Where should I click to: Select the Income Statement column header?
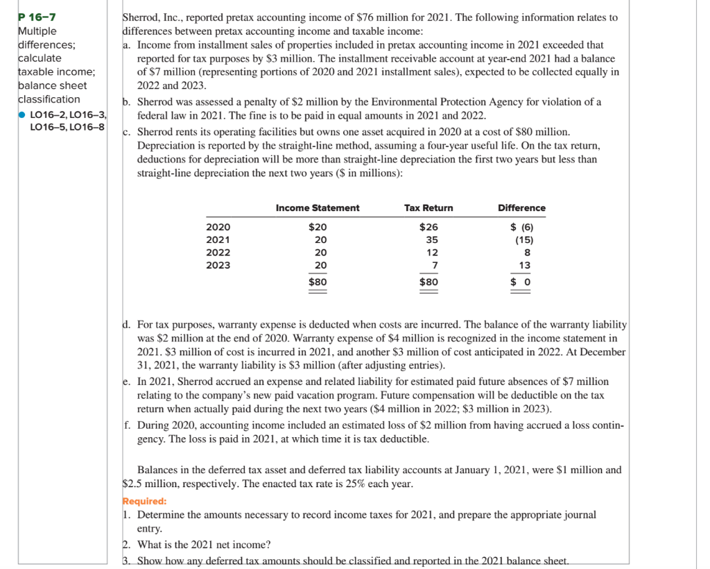click(x=318, y=208)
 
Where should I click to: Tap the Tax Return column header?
click(x=428, y=208)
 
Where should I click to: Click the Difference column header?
click(x=521, y=208)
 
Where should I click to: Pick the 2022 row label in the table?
click(x=218, y=253)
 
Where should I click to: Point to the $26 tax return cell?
click(x=428, y=227)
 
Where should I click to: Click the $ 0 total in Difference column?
click(x=521, y=282)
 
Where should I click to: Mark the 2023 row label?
click(x=218, y=265)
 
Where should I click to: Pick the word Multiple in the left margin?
click(x=38, y=31)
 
